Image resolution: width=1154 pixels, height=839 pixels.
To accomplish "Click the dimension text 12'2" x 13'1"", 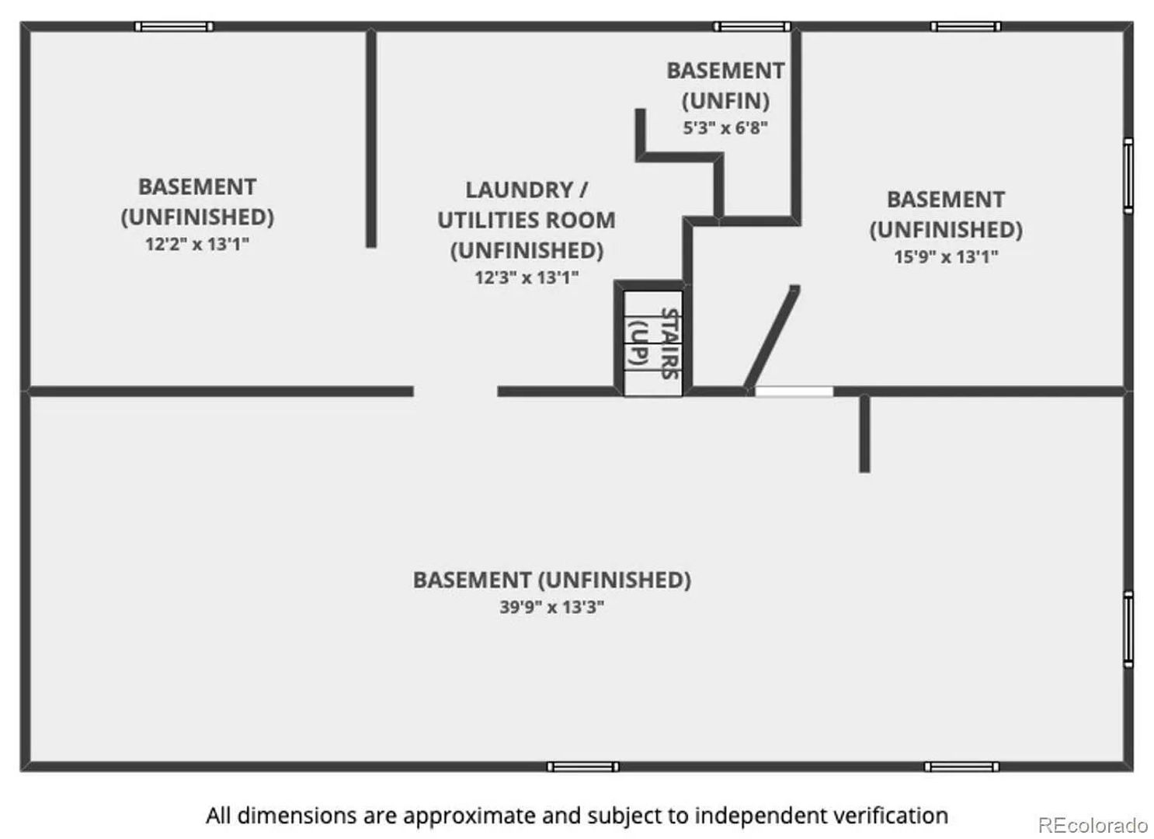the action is pos(196,244).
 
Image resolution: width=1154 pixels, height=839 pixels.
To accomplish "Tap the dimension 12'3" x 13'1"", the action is pos(527,277).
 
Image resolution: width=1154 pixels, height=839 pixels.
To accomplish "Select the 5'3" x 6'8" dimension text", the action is pos(725,127).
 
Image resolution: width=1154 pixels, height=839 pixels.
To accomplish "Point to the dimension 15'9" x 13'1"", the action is pos(946,256).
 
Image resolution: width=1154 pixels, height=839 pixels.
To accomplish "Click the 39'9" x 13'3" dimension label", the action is pos(551,607).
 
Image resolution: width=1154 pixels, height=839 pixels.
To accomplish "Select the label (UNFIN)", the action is pos(725,101).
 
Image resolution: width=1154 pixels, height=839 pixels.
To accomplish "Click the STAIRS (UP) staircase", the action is pos(653,343).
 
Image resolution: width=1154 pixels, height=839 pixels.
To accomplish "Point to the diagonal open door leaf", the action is pos(772,337).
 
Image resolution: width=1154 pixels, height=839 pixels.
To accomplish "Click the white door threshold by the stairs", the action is pos(794,392).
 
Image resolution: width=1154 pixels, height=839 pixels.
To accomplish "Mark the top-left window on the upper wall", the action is pos(174,26).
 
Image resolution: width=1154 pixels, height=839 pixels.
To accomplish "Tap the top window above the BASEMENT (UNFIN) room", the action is pos(753,26).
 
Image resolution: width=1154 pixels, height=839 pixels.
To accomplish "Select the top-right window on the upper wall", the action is pos(966,26).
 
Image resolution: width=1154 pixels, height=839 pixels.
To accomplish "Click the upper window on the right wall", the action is pos(1128,176).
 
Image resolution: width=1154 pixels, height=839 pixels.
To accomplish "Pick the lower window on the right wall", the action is pos(1128,629).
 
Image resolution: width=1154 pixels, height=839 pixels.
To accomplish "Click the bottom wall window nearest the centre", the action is pos(582,767).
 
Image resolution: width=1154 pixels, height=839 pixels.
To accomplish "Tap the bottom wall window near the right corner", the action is pos(962,767).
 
